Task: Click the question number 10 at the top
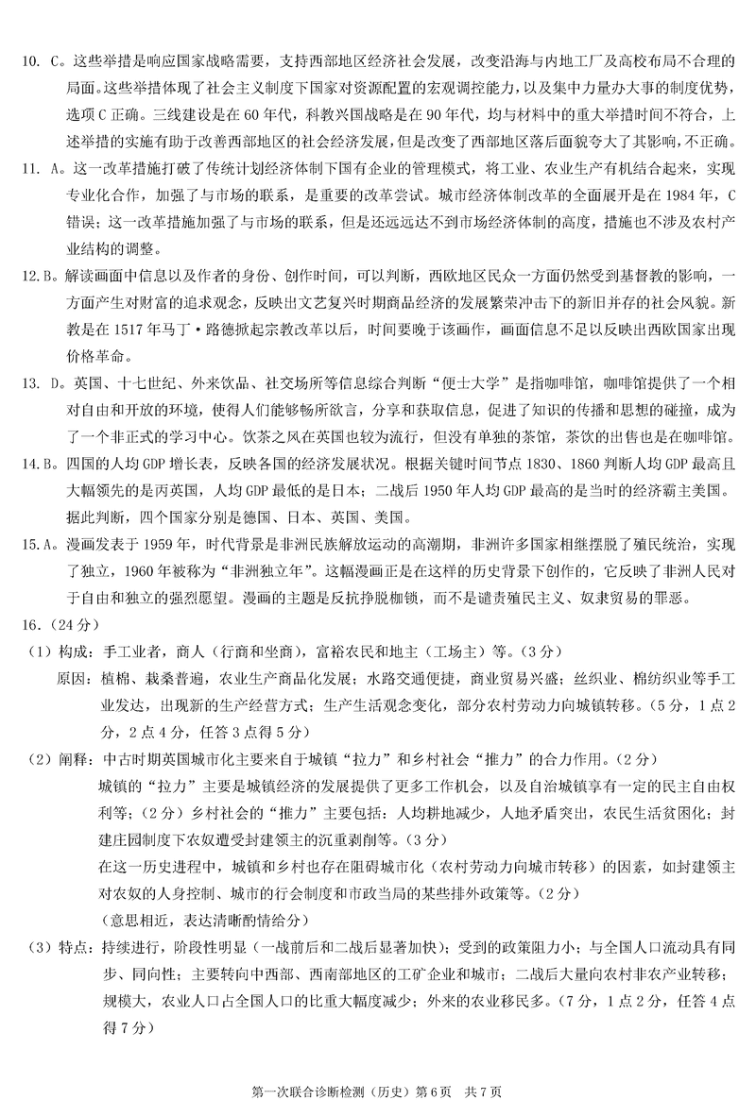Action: (x=29, y=62)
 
